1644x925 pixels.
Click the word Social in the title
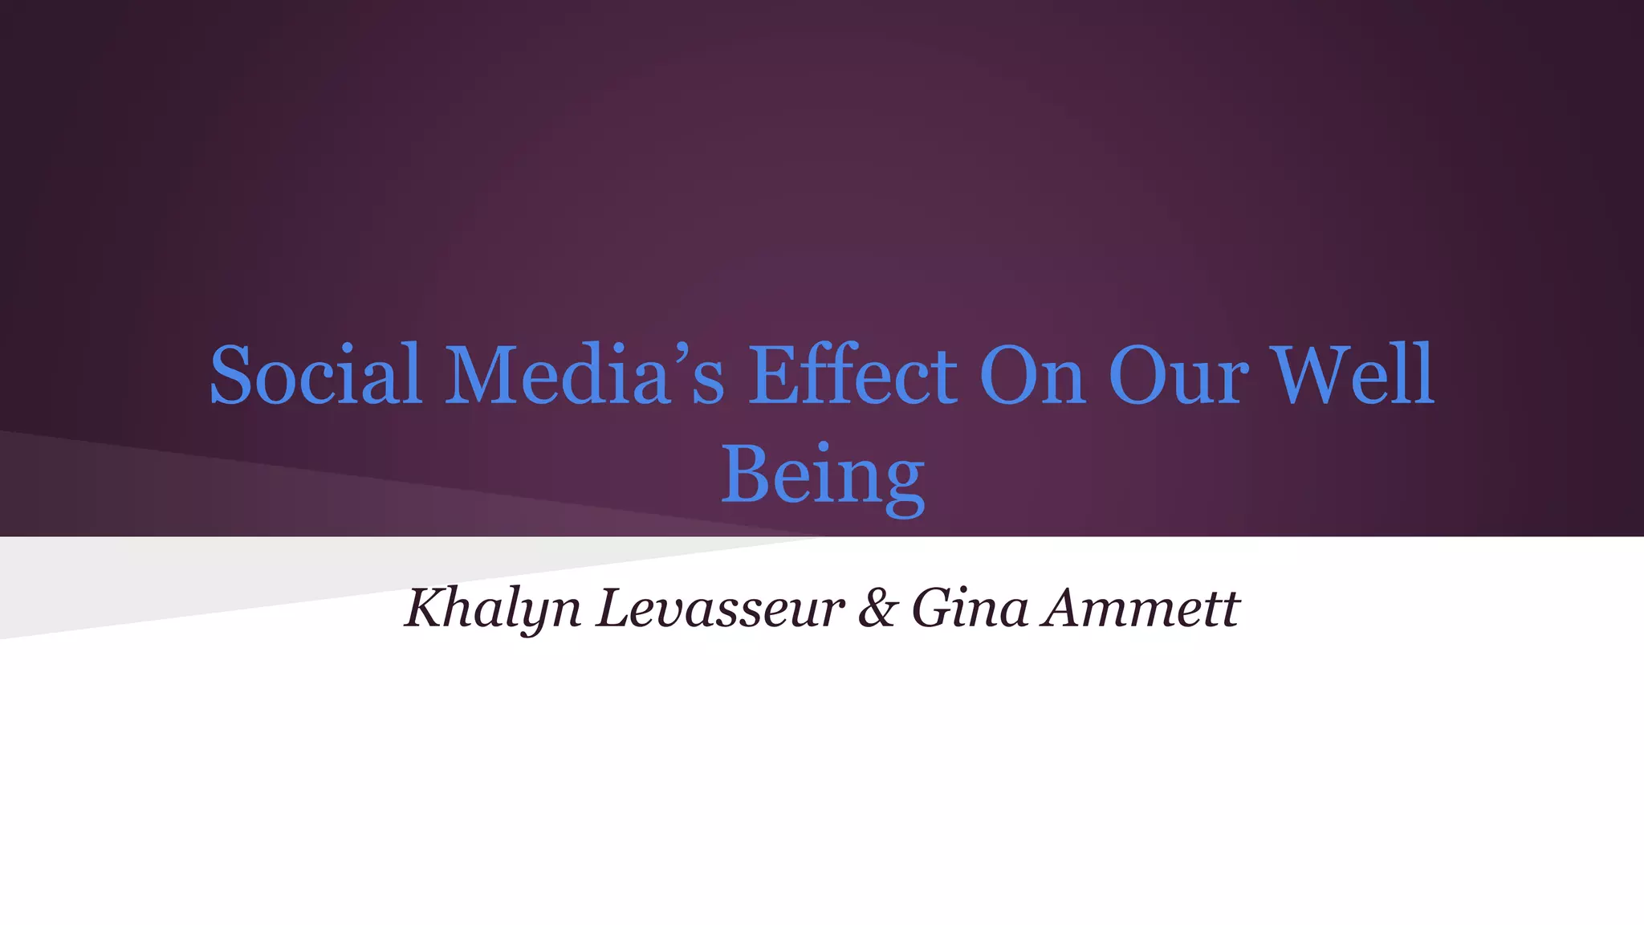[x=315, y=375]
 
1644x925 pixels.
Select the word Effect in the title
[x=853, y=375]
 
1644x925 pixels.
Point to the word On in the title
[x=1032, y=375]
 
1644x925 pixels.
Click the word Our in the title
[x=1178, y=375]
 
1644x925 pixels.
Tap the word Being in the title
[x=823, y=475]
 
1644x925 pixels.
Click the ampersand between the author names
[x=877, y=608]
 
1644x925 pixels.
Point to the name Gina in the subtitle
[x=970, y=608]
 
